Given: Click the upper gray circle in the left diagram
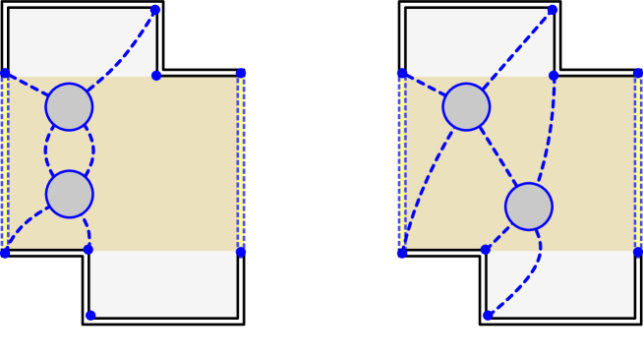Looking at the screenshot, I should pos(69,106).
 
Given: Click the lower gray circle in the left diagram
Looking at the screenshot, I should pos(69,194).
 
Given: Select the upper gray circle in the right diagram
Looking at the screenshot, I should pos(466,106).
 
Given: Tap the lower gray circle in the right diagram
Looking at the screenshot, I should pos(529,207).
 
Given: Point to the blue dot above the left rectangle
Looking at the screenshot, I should pos(155,10).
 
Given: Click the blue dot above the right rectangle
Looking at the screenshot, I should pos(553,10).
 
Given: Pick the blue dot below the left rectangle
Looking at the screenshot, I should pos(90,316).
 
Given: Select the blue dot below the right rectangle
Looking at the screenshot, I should pos(487,316).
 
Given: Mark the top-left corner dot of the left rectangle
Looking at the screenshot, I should pos(5,74).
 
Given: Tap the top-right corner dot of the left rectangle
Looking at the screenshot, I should pos(241,74).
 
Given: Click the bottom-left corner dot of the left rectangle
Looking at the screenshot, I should pos(5,253).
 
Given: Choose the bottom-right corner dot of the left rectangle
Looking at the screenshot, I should pos(241,252).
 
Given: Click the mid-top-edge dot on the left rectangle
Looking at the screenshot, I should pos(156,75).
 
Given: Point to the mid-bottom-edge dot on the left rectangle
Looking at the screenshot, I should pos(88,250).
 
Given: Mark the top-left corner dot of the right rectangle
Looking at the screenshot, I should pos(402,74).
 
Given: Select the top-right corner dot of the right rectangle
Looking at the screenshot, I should pos(638,74).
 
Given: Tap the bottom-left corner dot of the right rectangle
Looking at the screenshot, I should pos(402,253).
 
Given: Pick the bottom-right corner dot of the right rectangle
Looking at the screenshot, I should pos(638,252).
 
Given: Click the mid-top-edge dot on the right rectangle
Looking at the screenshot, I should pos(554,75).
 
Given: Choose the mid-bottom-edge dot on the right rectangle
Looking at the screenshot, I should pos(486,250).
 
